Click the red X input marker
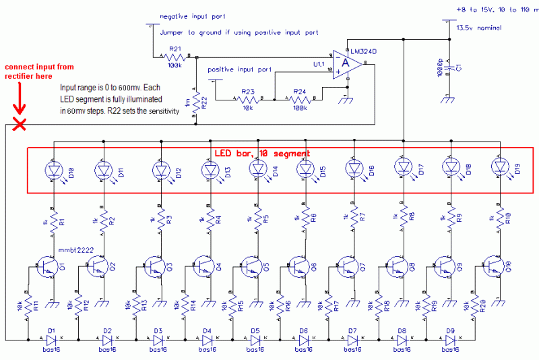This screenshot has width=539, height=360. [x=20, y=124]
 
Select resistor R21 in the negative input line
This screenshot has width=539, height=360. [x=175, y=58]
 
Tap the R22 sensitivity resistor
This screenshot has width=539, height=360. [x=196, y=102]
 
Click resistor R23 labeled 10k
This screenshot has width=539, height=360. [x=248, y=98]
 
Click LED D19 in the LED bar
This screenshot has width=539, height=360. [x=499, y=167]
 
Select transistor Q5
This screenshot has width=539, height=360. [x=251, y=267]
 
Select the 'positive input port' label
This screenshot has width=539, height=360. [x=240, y=69]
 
